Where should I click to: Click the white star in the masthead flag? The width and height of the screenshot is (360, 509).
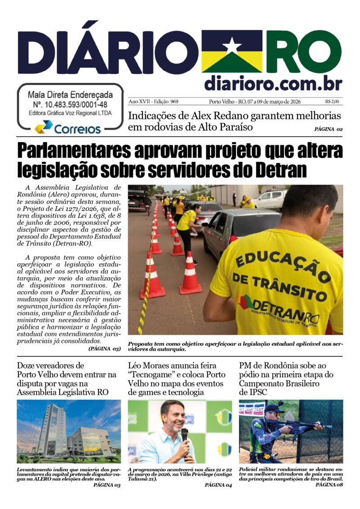[x=232, y=45]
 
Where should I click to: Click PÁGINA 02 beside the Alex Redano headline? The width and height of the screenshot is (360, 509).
[x=328, y=130]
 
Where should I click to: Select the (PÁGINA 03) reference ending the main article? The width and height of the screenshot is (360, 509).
[x=104, y=348]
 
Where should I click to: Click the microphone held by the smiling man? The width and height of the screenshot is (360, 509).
[x=184, y=435]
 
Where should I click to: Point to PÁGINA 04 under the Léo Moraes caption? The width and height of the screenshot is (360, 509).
[x=218, y=485]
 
